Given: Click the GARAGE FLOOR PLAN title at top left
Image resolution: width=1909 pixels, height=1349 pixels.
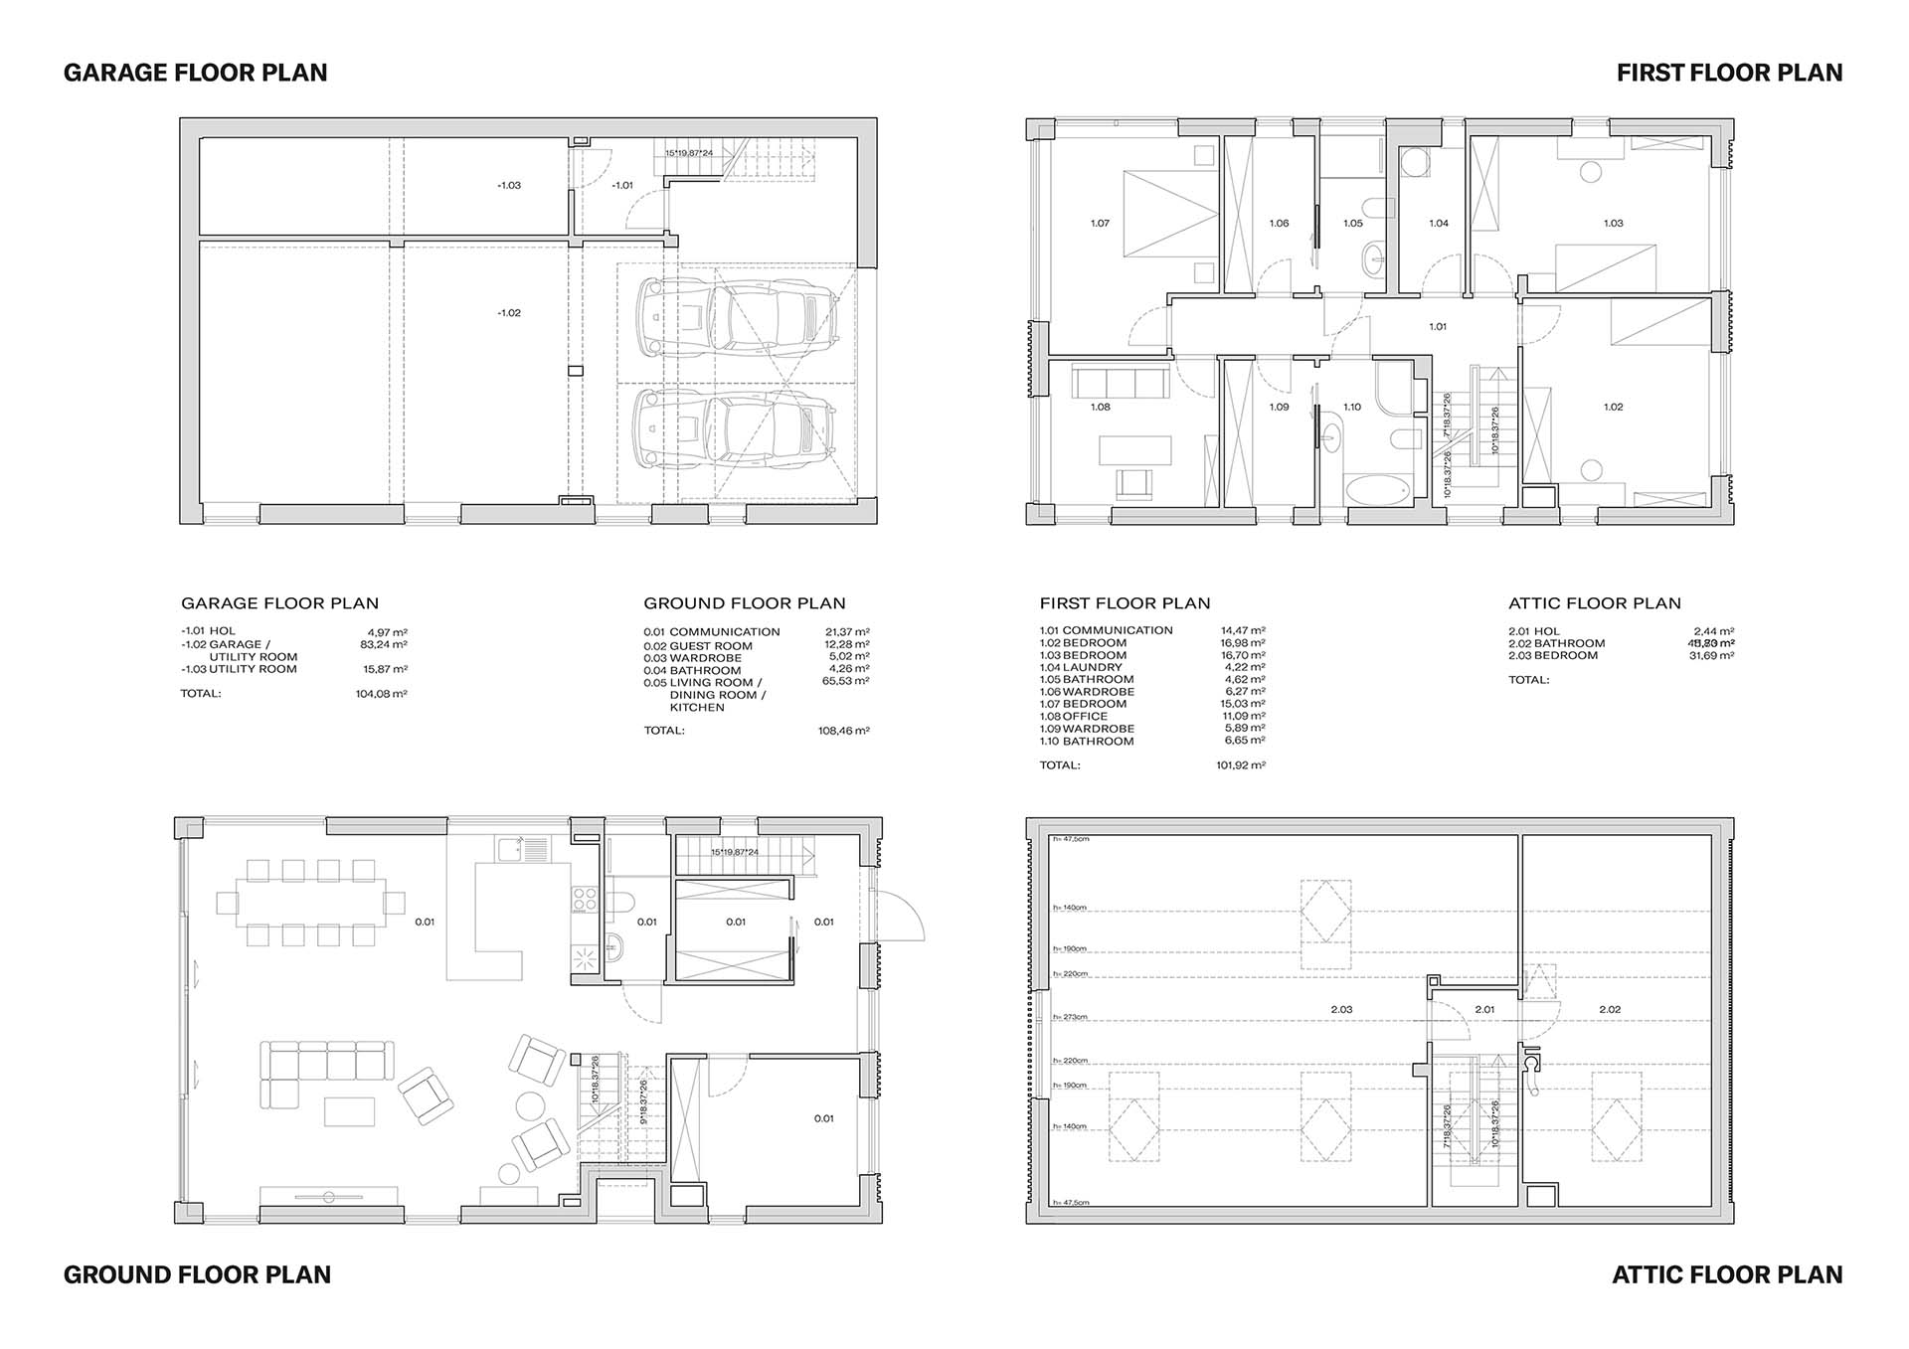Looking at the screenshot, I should point(195,73).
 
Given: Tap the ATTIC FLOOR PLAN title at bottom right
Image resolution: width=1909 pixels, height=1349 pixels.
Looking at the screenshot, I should point(1727,1274).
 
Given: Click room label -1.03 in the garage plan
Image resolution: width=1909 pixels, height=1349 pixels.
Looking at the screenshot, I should point(509,186).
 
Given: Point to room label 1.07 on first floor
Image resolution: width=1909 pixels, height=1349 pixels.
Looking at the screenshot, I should point(1100,224).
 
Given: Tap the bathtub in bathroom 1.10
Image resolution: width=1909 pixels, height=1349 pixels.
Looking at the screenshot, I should point(1376,489).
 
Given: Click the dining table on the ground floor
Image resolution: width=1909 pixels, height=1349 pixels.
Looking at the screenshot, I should point(311,903).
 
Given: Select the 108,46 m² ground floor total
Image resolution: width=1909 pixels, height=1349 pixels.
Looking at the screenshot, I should point(843,731).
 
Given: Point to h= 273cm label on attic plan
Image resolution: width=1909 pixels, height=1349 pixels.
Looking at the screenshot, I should point(1070,1018).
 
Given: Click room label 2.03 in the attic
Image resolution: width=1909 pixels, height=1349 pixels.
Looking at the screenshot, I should point(1341,1010).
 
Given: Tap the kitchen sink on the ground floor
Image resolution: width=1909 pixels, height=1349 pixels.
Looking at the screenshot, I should point(512,849).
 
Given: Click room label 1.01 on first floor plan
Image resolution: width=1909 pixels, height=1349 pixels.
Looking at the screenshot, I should point(1438,327).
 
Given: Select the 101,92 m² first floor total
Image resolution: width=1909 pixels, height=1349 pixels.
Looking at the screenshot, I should point(1240,765).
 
